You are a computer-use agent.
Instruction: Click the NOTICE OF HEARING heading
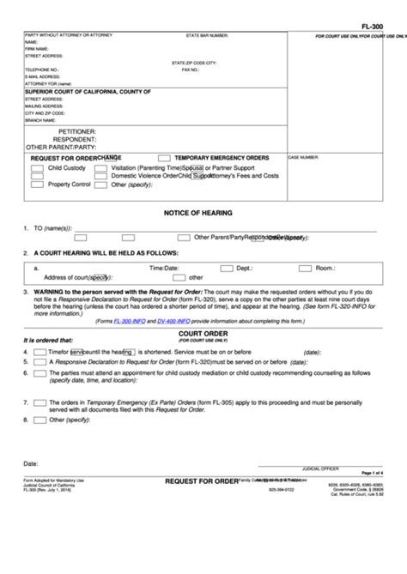[197, 213]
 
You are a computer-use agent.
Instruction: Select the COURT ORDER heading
[196, 331]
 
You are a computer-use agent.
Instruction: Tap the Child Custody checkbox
[38, 169]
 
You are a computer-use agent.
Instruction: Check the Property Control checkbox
[38, 184]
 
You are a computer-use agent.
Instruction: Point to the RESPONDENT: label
[75, 139]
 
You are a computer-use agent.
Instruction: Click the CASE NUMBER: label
[303, 158]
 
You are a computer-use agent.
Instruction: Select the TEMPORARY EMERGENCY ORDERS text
[222, 159]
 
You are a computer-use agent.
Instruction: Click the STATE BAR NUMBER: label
[207, 35]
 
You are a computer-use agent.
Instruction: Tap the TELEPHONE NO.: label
[42, 69]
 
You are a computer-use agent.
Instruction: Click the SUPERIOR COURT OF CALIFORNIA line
[88, 91]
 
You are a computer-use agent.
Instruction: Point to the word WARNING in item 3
[51, 292]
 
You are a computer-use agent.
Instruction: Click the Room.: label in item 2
[325, 268]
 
